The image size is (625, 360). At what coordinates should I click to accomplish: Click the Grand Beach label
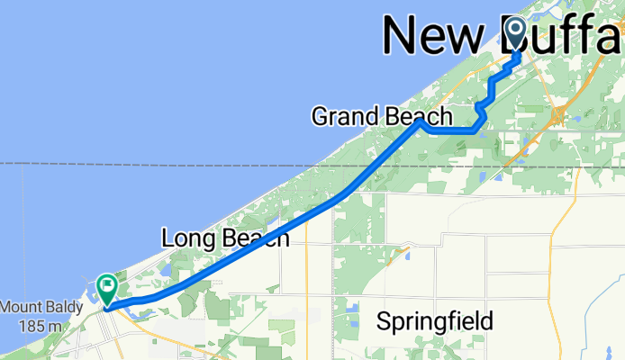pos(382,116)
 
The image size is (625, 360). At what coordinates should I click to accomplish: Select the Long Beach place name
pos(225,238)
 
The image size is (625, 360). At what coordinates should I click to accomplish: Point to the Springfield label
pos(435,321)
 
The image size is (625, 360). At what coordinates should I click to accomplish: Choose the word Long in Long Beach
pos(184,238)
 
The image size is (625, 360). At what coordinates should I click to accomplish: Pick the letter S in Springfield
pos(384,321)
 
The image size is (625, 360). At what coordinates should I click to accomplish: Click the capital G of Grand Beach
pos(319,116)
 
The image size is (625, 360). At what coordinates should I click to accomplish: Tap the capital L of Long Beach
pos(167,238)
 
